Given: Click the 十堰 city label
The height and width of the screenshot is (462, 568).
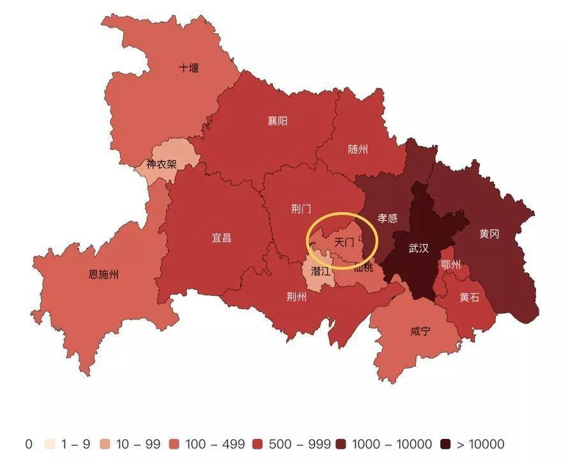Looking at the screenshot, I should tap(188, 68).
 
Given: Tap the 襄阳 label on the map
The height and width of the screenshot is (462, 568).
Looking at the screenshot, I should tap(277, 121).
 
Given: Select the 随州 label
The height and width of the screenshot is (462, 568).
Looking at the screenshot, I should tap(358, 150).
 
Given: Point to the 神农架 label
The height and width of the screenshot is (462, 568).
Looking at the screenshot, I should tap(161, 164).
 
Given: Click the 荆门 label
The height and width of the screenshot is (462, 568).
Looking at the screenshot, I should tap(301, 209).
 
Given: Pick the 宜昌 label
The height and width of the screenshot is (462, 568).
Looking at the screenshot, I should tap(222, 238).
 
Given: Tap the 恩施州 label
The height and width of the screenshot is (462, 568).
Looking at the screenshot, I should tap(104, 275).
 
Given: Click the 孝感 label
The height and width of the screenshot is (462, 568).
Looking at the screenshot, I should tap(387, 218).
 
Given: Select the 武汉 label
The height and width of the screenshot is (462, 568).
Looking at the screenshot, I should tap(418, 249).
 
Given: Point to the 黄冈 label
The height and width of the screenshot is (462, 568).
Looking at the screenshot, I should tap(489, 234).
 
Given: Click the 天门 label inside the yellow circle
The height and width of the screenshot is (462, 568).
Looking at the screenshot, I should tap(344, 243).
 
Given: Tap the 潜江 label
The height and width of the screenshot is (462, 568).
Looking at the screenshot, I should tap(321, 271).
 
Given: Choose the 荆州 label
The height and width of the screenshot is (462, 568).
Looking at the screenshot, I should tap(296, 296).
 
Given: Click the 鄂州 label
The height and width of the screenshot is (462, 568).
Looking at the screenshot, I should tap(450, 265).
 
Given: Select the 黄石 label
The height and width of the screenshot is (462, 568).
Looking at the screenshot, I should tap(469, 297).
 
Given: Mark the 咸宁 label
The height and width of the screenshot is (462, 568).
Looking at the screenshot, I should tap(420, 332).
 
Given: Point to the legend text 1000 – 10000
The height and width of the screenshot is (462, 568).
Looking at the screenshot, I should tap(392, 444).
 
